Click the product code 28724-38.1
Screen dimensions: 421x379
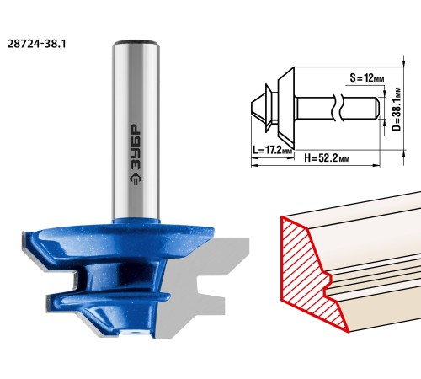[x=36, y=44]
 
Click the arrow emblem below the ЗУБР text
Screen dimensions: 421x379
[x=136, y=179]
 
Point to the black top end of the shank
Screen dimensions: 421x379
[x=136, y=42]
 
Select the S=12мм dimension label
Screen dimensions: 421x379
[x=367, y=77]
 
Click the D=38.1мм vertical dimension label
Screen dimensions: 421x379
[x=397, y=109]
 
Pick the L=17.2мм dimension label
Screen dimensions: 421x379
[x=272, y=150]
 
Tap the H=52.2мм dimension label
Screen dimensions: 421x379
[x=327, y=158]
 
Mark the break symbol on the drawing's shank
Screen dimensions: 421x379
[x=338, y=108]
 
